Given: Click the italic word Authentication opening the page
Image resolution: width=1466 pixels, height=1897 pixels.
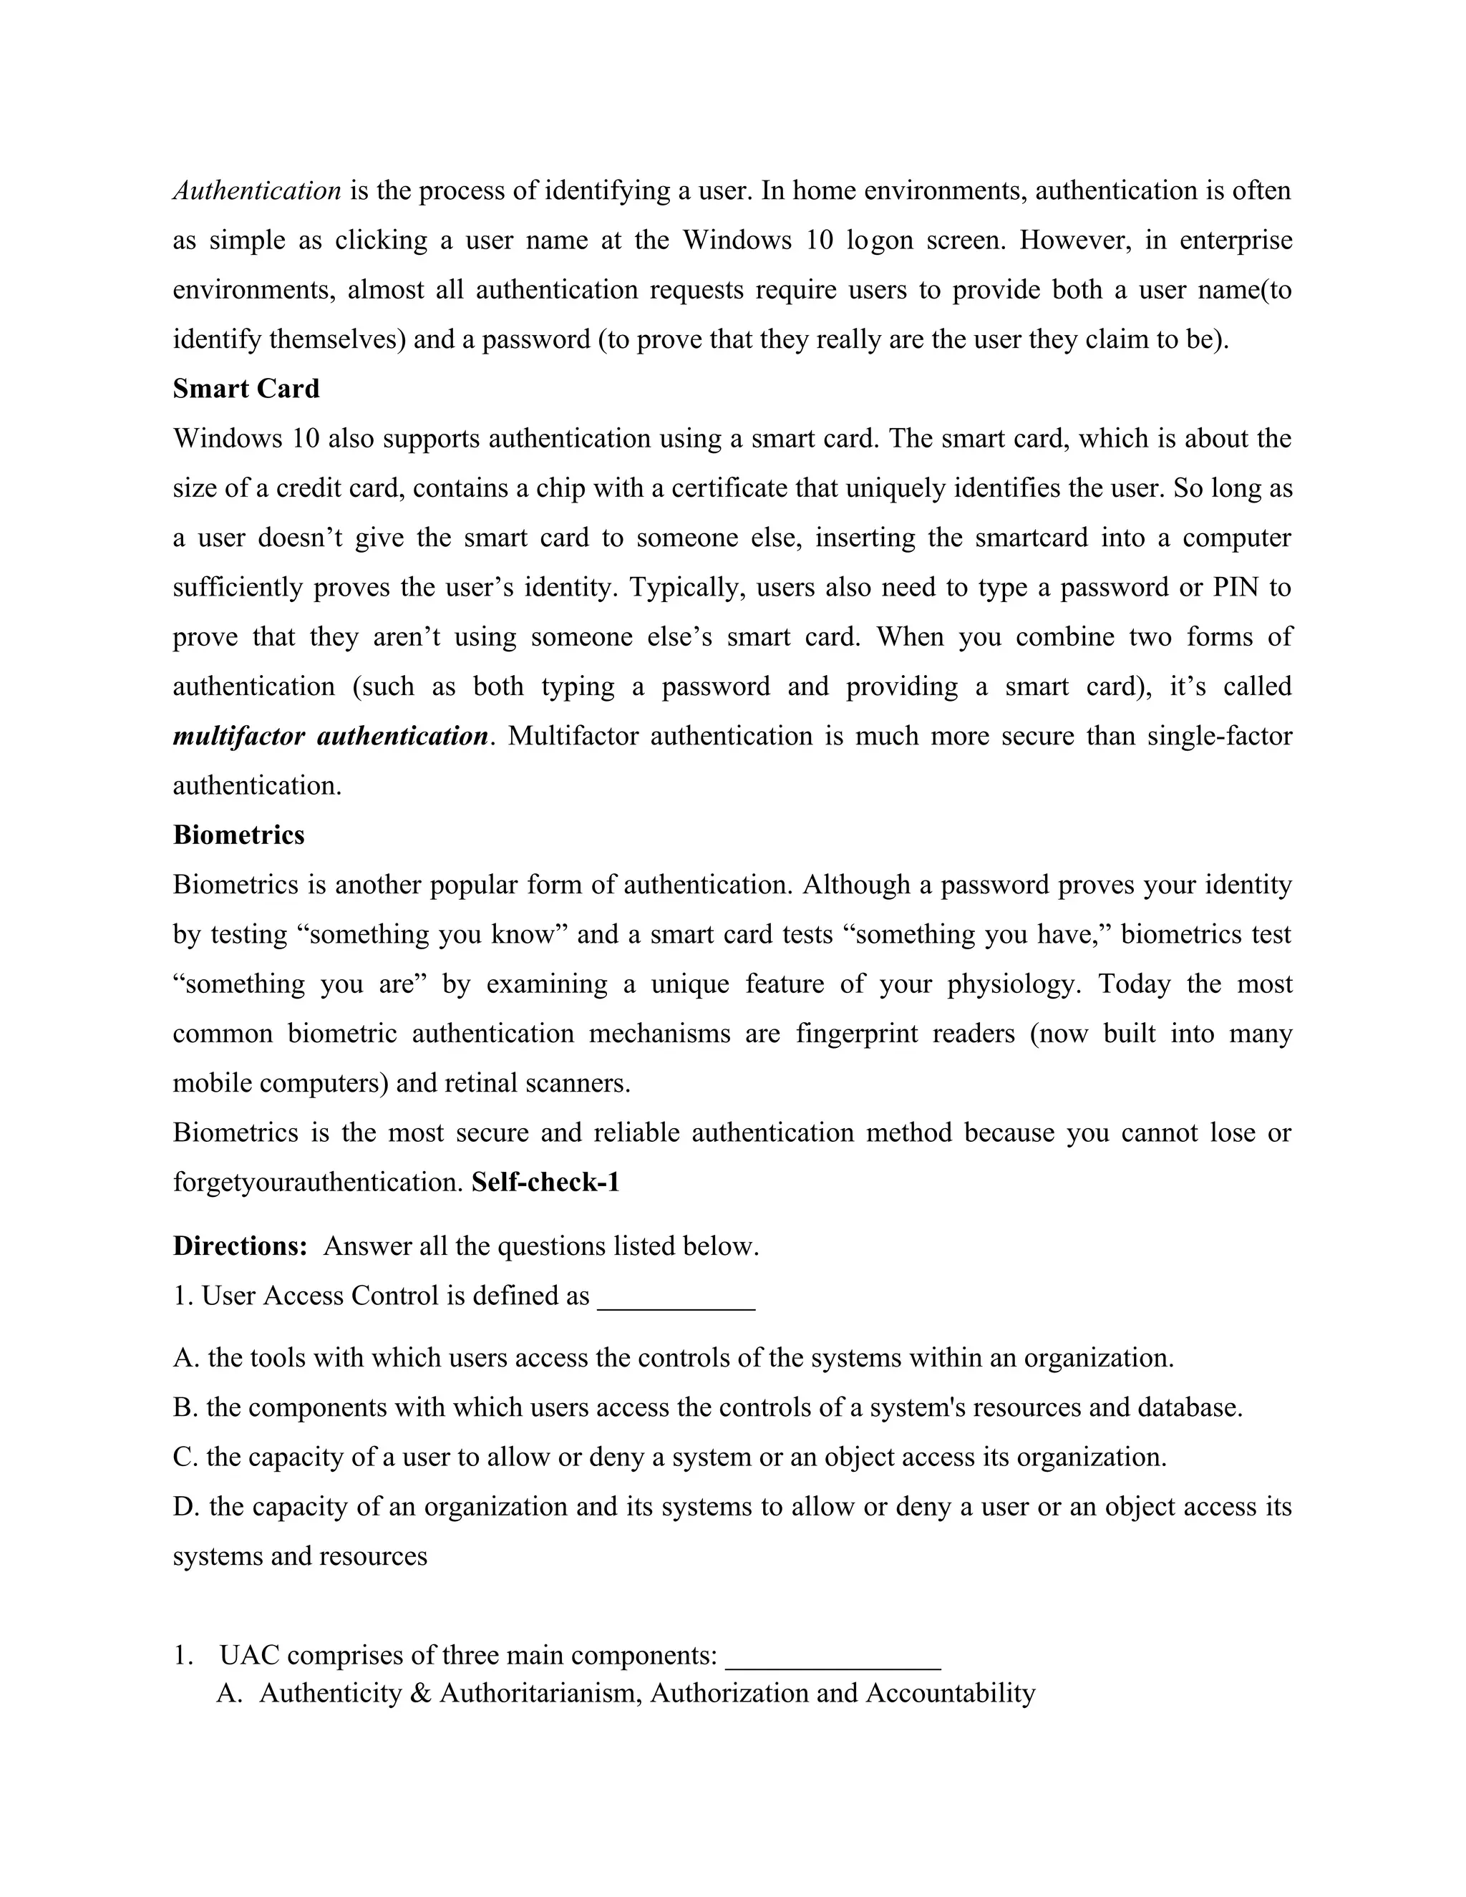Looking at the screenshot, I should [256, 190].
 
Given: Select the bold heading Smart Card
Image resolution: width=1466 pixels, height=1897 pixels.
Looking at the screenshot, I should [246, 388].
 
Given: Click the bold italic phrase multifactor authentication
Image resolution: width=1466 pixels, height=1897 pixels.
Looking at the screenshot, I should [330, 736].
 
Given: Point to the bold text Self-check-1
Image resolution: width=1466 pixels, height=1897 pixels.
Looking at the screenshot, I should [545, 1182].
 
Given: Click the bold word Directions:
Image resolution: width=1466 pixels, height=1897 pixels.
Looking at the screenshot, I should [240, 1246].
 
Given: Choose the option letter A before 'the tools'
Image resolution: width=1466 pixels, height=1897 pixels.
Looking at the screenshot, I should [184, 1357].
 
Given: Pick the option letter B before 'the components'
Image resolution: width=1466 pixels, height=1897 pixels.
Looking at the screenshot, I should [183, 1407].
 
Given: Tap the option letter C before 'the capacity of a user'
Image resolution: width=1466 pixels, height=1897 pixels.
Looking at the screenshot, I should [183, 1457].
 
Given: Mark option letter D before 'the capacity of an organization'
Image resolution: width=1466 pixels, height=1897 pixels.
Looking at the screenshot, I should [184, 1506].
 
